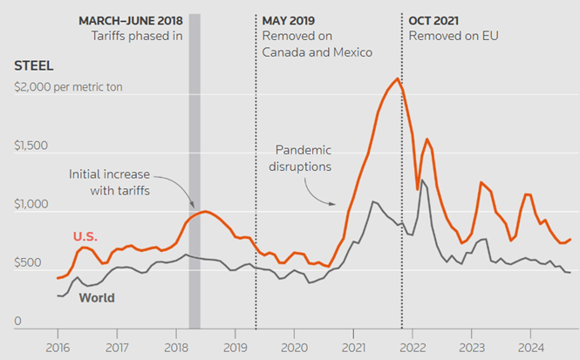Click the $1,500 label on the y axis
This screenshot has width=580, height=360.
(x=31, y=145)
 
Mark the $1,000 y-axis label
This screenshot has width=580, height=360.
(x=31, y=204)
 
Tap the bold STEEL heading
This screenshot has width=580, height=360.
(x=33, y=65)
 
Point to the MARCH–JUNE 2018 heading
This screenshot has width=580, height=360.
(x=131, y=20)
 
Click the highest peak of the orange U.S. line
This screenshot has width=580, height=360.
(x=398, y=79)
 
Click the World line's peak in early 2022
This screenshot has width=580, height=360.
(x=423, y=180)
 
